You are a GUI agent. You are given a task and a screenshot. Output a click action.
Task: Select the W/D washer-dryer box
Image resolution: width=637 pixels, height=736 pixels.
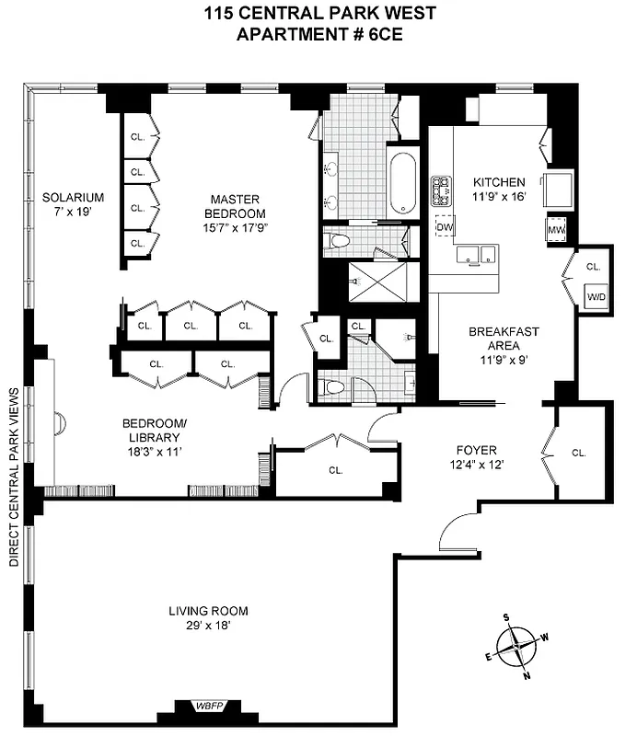point(596,297)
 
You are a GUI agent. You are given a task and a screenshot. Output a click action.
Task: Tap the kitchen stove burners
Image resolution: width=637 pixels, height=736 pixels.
point(441,190)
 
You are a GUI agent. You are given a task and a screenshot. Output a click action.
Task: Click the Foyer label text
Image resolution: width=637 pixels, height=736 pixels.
point(476,450)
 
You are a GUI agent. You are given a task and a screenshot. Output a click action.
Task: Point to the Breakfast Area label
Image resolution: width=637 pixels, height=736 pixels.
point(503,339)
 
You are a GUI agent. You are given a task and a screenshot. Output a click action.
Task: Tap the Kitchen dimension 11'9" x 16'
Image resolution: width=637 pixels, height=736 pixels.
point(498,197)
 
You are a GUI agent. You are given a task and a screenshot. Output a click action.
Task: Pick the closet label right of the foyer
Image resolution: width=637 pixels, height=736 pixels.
point(578,453)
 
